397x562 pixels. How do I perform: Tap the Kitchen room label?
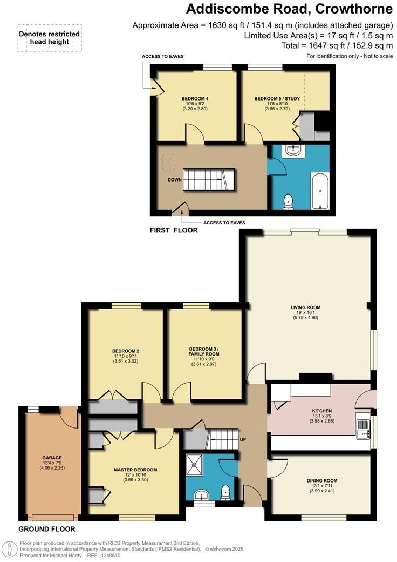(321, 411)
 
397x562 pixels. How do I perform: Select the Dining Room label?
(322, 480)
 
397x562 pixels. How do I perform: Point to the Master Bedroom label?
(135, 469)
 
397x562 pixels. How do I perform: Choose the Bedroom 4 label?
(195, 98)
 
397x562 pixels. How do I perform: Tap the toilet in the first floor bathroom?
(289, 201)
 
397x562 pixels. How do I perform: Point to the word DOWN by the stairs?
(174, 180)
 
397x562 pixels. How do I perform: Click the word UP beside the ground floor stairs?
(243, 439)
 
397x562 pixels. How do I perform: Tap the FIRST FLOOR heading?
(174, 230)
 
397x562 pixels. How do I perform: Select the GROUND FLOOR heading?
(47, 529)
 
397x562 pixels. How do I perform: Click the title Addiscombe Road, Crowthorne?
(289, 9)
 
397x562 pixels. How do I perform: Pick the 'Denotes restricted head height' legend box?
(50, 38)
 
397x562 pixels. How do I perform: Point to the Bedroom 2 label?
(126, 351)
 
